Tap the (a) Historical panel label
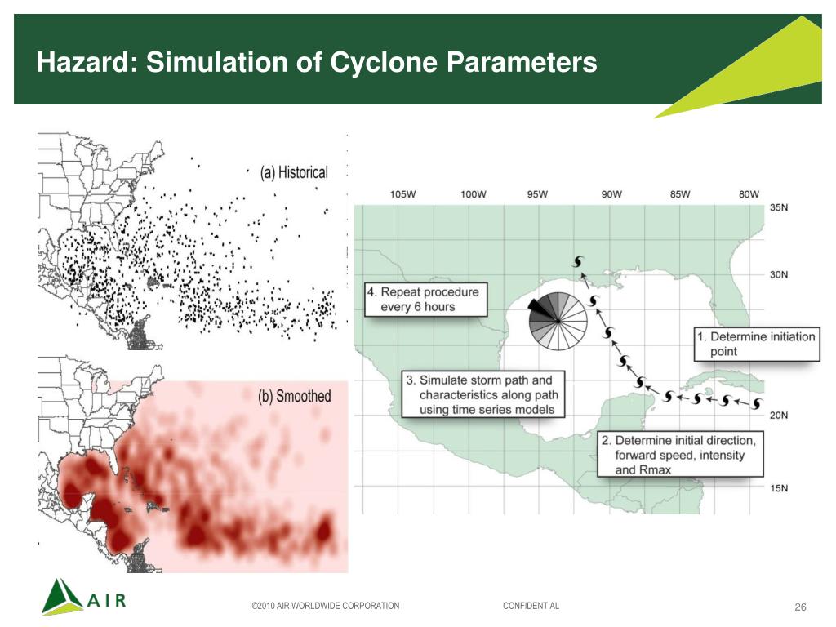point(294,172)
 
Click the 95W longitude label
point(537,194)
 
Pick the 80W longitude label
point(748,194)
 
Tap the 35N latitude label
point(780,208)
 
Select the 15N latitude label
point(780,488)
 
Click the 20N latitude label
point(780,415)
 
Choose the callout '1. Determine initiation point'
point(755,344)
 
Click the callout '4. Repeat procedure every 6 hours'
point(425,300)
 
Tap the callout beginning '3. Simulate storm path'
point(485,394)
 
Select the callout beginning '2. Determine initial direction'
point(679,456)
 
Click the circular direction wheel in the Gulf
point(558,320)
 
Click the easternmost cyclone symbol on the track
point(756,404)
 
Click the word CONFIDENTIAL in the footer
point(531,606)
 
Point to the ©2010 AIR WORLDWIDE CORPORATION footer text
point(326,606)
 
